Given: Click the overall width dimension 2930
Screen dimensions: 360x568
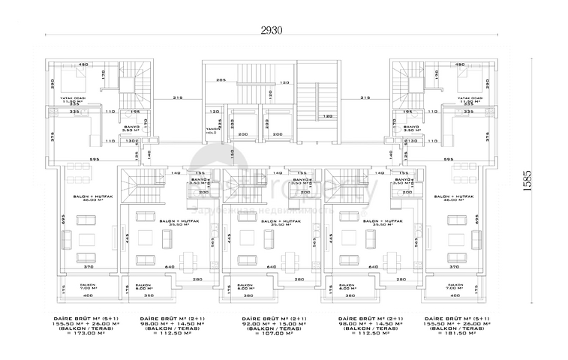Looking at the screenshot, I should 272,29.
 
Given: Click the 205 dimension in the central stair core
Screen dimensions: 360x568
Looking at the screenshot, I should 221,80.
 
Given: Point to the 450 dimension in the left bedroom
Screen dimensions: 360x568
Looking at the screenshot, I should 83,64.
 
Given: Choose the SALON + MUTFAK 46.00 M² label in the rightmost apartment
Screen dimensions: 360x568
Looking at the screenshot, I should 459,198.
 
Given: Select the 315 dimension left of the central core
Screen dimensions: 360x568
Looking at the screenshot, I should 178,97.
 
